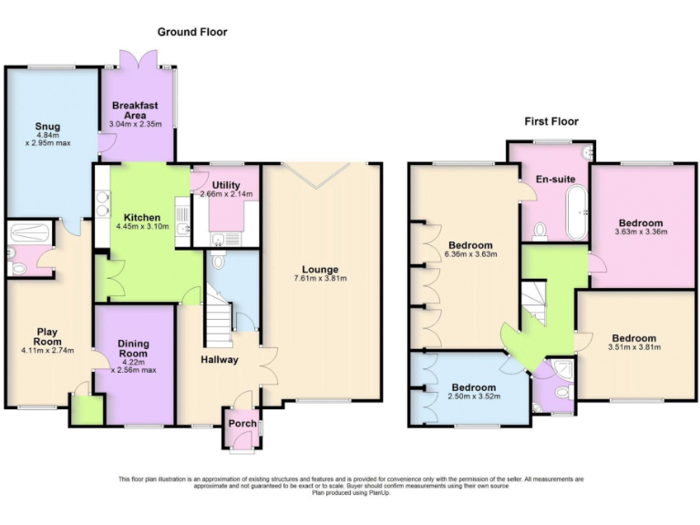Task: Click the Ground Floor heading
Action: point(192,32)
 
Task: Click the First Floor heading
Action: point(551,121)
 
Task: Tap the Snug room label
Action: point(47,127)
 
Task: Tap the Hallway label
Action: point(219,359)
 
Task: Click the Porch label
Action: point(242,424)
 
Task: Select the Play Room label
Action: point(47,336)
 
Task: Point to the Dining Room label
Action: point(133,348)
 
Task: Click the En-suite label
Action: point(555,179)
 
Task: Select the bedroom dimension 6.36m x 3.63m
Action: point(470,256)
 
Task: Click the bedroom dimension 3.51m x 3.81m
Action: point(633,347)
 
